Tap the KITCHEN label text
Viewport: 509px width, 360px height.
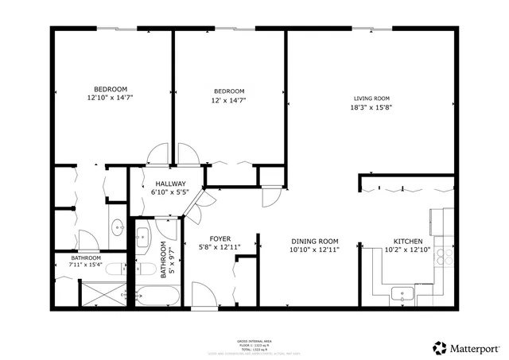pos(410,242)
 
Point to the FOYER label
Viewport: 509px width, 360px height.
pos(220,238)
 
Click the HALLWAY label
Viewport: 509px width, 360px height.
pos(170,184)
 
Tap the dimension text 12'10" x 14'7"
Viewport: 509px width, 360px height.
pos(111,97)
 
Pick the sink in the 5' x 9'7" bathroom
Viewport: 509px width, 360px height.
pos(142,235)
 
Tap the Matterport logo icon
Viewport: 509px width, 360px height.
pos(438,347)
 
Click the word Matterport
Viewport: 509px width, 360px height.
pos(475,347)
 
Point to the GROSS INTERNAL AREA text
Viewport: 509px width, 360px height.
pos(254,338)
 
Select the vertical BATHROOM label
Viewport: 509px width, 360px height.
pos(163,258)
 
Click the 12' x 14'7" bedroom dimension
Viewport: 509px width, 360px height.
pos(228,99)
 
